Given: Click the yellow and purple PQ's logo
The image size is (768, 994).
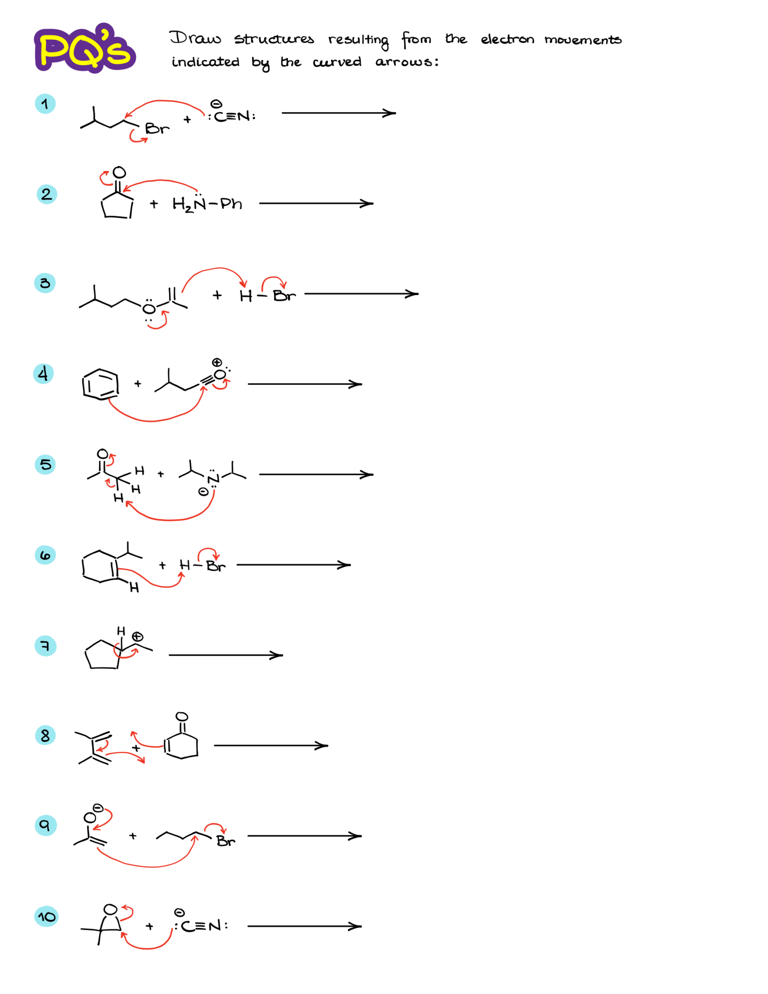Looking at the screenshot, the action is [x=85, y=49].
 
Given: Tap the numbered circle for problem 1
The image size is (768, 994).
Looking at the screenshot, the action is [x=45, y=104].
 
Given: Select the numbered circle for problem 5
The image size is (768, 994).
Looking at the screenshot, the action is [x=46, y=464].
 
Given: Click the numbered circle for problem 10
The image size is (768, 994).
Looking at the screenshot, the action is [x=47, y=916].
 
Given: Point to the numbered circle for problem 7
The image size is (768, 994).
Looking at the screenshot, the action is [x=46, y=646].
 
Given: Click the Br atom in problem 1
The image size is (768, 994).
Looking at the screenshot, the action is [x=157, y=129].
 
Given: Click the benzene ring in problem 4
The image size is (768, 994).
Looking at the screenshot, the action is [x=101, y=384].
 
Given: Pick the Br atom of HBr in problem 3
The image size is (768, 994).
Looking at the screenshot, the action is [x=284, y=296].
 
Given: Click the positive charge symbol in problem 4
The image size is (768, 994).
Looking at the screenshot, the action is [x=217, y=362].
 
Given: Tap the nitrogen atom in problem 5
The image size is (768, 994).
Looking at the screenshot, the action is [x=213, y=478].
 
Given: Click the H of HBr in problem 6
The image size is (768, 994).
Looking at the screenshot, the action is [x=184, y=565].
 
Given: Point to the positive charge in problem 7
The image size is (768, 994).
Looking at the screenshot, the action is [x=137, y=636].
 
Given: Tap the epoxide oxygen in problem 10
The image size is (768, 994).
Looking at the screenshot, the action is [x=111, y=910].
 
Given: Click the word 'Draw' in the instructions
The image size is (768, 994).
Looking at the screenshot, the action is [x=195, y=38].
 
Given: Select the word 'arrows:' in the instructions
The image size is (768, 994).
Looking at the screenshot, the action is [x=407, y=62].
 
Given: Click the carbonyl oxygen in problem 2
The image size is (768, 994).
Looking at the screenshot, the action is [x=119, y=173].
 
